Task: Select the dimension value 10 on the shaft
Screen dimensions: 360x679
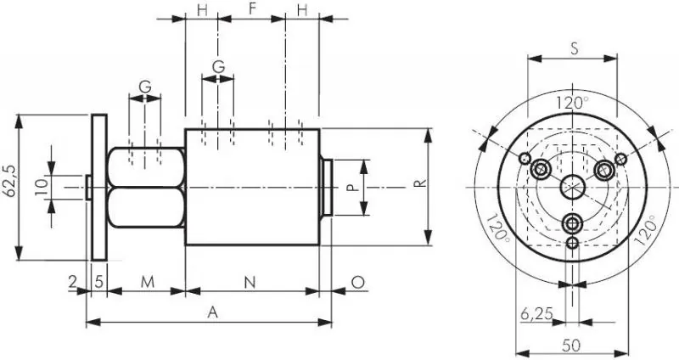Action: coord(41,186)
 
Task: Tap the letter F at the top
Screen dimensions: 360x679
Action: coord(252,9)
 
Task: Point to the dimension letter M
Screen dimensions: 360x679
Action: coord(146,280)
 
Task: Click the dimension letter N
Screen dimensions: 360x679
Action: coord(250,280)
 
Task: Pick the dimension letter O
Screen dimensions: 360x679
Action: coord(357,280)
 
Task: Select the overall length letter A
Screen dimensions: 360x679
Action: coord(213,312)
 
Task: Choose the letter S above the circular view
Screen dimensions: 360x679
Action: coord(574,48)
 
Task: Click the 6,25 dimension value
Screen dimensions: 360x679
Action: coord(536,313)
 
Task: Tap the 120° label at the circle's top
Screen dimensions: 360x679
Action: coord(573,103)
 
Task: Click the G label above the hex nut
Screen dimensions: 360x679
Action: coord(145,86)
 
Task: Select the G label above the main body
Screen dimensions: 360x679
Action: coord(218,65)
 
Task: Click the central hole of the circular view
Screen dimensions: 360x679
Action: coord(573,186)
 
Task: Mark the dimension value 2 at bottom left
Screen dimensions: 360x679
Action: coord(73,280)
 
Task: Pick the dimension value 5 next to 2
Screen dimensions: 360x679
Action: coord(99,280)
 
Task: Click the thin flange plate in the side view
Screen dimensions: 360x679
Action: coord(99,186)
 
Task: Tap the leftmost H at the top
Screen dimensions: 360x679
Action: coord(202,9)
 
